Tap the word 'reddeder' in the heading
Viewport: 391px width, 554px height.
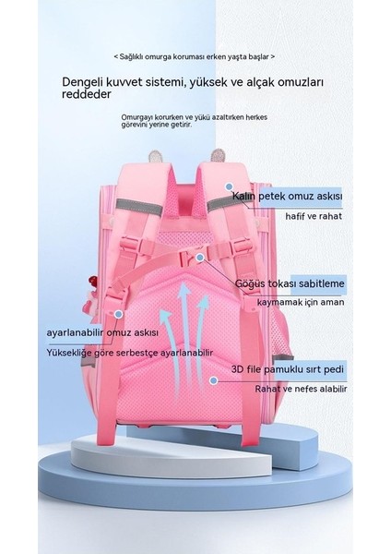coord(86,94)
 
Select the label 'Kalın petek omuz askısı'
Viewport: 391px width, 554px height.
coord(287,196)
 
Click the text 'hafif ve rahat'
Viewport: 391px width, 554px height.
coord(314,216)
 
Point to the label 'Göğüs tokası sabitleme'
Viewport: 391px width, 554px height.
coord(290,283)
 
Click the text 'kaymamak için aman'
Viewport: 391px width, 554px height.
coord(300,303)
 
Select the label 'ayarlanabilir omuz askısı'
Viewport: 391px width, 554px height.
coord(102,332)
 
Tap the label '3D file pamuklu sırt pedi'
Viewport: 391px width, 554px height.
coord(287,369)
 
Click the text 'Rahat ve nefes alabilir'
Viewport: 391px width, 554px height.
coord(301,389)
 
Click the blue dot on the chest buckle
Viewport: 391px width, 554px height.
coord(200,258)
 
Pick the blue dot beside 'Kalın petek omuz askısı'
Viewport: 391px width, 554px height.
coord(229,186)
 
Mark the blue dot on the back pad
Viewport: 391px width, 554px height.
coord(213,380)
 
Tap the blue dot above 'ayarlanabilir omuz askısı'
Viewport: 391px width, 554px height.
coord(119,314)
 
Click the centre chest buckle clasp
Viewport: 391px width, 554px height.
coord(189,256)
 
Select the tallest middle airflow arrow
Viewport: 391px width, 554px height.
coord(183,339)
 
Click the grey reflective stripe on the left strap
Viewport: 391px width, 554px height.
coord(139,207)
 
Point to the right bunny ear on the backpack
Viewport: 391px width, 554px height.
coord(217,156)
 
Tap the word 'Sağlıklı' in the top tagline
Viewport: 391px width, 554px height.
coord(131,57)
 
